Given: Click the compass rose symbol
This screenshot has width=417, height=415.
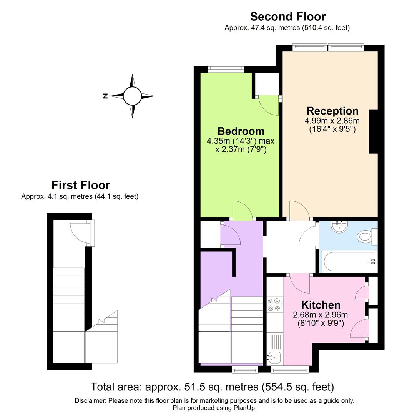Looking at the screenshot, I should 132,96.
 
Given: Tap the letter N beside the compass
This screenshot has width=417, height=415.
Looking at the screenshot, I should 105,96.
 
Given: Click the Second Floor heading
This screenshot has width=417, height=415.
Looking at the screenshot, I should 287,17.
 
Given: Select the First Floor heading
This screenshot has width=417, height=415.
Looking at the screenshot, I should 81,185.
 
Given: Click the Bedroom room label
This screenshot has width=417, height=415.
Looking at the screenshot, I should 241,131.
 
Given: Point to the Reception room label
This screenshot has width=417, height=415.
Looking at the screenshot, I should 332,111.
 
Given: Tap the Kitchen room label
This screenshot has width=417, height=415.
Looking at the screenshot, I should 321,305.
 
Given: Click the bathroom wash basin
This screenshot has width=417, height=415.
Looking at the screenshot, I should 339,227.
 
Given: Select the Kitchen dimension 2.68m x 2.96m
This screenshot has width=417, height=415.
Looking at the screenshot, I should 321,315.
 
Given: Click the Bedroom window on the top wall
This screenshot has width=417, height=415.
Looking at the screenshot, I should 225,69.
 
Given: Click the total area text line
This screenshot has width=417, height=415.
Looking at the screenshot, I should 212,387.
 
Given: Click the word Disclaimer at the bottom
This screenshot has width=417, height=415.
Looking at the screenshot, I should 90,401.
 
